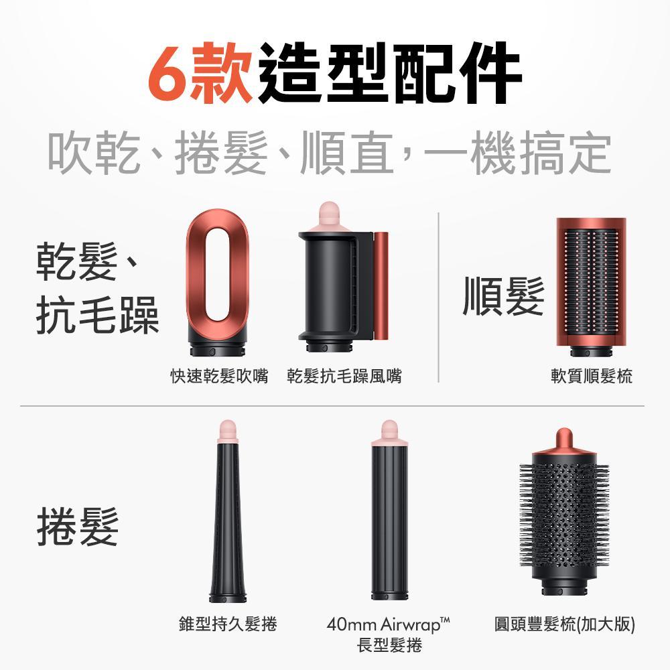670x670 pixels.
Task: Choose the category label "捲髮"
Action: click(x=78, y=526)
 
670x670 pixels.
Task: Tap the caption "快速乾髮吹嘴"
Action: click(x=217, y=377)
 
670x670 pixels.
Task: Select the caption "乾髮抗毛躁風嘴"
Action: click(x=344, y=377)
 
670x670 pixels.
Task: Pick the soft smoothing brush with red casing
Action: click(x=592, y=285)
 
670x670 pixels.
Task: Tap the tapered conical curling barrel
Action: click(x=228, y=523)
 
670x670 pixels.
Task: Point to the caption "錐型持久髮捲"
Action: click(x=228, y=624)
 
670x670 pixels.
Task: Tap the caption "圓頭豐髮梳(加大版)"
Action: click(x=564, y=624)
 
